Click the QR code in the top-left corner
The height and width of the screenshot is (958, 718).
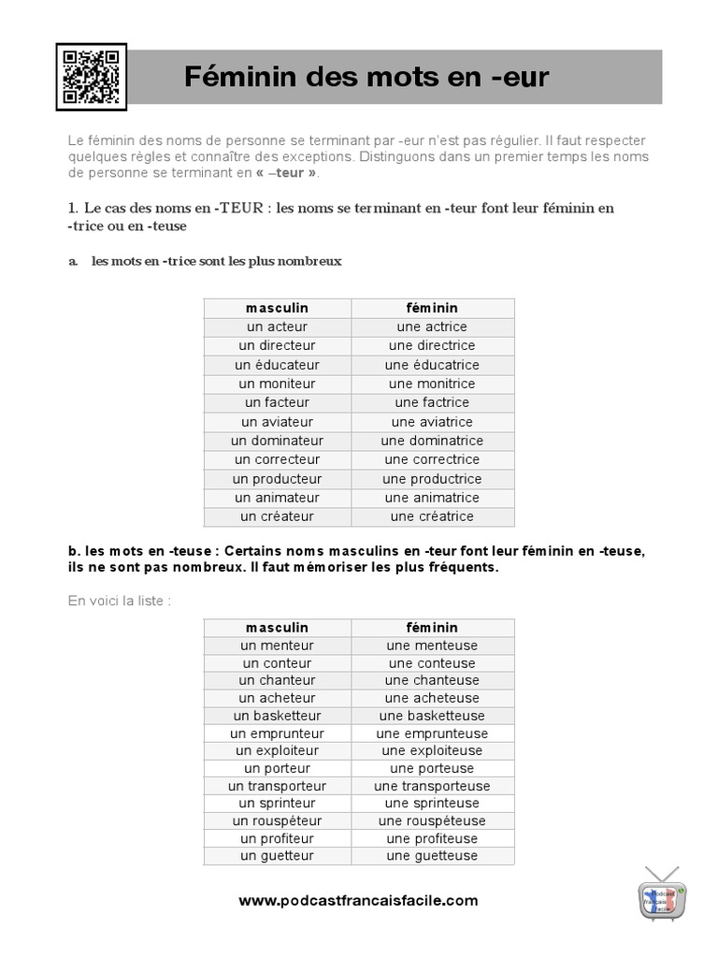coord(91,77)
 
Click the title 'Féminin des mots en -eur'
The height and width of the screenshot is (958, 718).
coord(366,77)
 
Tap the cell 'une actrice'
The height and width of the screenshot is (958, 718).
coord(432,327)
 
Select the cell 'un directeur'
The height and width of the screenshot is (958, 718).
coord(277,345)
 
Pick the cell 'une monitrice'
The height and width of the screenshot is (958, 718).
coord(432,384)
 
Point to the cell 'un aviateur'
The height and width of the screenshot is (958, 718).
coord(277,422)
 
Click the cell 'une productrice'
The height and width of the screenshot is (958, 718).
coord(432,479)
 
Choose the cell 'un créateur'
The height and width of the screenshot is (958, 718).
coord(277,516)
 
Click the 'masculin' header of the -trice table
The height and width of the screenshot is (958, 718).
coord(277,308)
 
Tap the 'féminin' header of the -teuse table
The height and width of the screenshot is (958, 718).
coord(432,628)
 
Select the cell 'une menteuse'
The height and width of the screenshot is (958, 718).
coord(432,646)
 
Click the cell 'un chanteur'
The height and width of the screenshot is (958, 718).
coord(277,680)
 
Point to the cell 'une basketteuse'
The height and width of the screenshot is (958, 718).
coord(432,716)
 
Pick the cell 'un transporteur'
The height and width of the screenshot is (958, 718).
coord(277,786)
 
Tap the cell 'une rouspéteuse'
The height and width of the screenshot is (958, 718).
coord(432,820)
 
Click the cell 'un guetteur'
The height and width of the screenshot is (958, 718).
coord(277,855)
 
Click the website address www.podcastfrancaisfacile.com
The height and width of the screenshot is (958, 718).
coord(358,901)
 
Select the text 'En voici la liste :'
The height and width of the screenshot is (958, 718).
coord(120,600)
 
